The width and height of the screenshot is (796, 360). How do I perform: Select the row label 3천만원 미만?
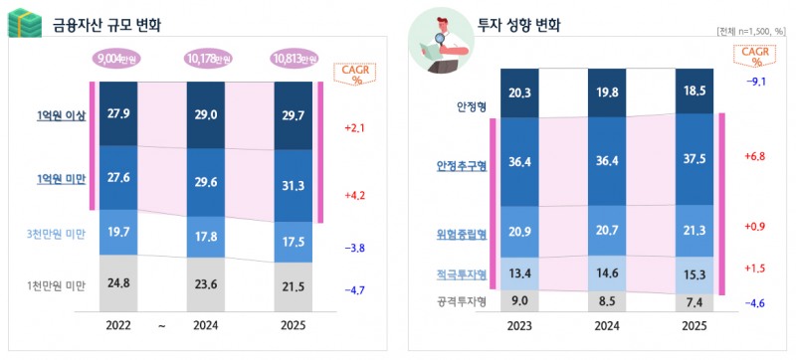pos(55,235)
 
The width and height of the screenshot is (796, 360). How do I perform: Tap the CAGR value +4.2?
pos(355,195)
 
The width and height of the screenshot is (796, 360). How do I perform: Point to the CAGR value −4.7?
pos(355,292)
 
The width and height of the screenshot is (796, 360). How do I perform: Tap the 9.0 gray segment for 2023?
pos(519,300)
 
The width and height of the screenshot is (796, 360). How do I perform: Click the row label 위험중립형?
pos(463,236)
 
